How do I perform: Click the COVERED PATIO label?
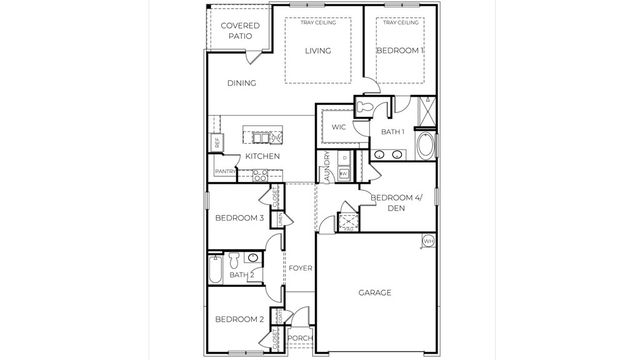click(240, 30)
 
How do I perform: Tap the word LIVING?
click(318, 51)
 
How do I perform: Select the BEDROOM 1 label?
click(400, 50)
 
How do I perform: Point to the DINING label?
click(242, 83)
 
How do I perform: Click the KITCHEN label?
click(262, 156)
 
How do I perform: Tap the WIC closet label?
click(338, 127)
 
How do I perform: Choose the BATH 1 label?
click(392, 132)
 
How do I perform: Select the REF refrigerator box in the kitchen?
click(217, 143)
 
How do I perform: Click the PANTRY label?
click(224, 172)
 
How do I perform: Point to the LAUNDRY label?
click(326, 166)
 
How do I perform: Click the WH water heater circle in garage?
click(428, 241)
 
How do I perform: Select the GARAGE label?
click(375, 293)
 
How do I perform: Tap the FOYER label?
click(300, 269)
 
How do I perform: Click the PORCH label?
click(300, 338)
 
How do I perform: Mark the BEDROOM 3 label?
click(240, 219)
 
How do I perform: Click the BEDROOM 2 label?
click(240, 319)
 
